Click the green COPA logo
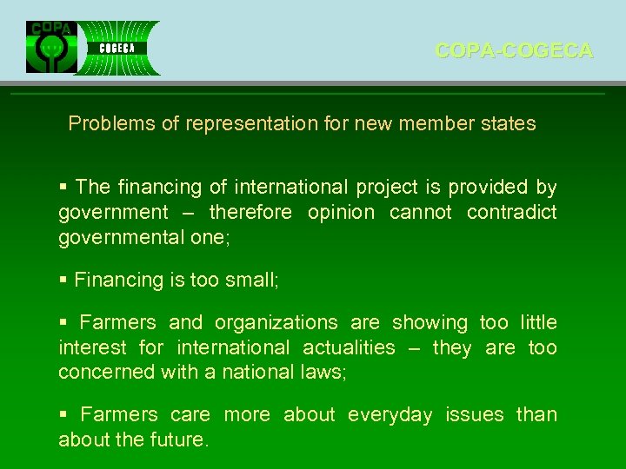click(51, 47)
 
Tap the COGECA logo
click(118, 48)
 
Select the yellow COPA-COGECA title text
click(514, 51)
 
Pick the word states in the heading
click(507, 123)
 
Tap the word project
click(387, 187)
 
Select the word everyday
click(390, 414)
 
